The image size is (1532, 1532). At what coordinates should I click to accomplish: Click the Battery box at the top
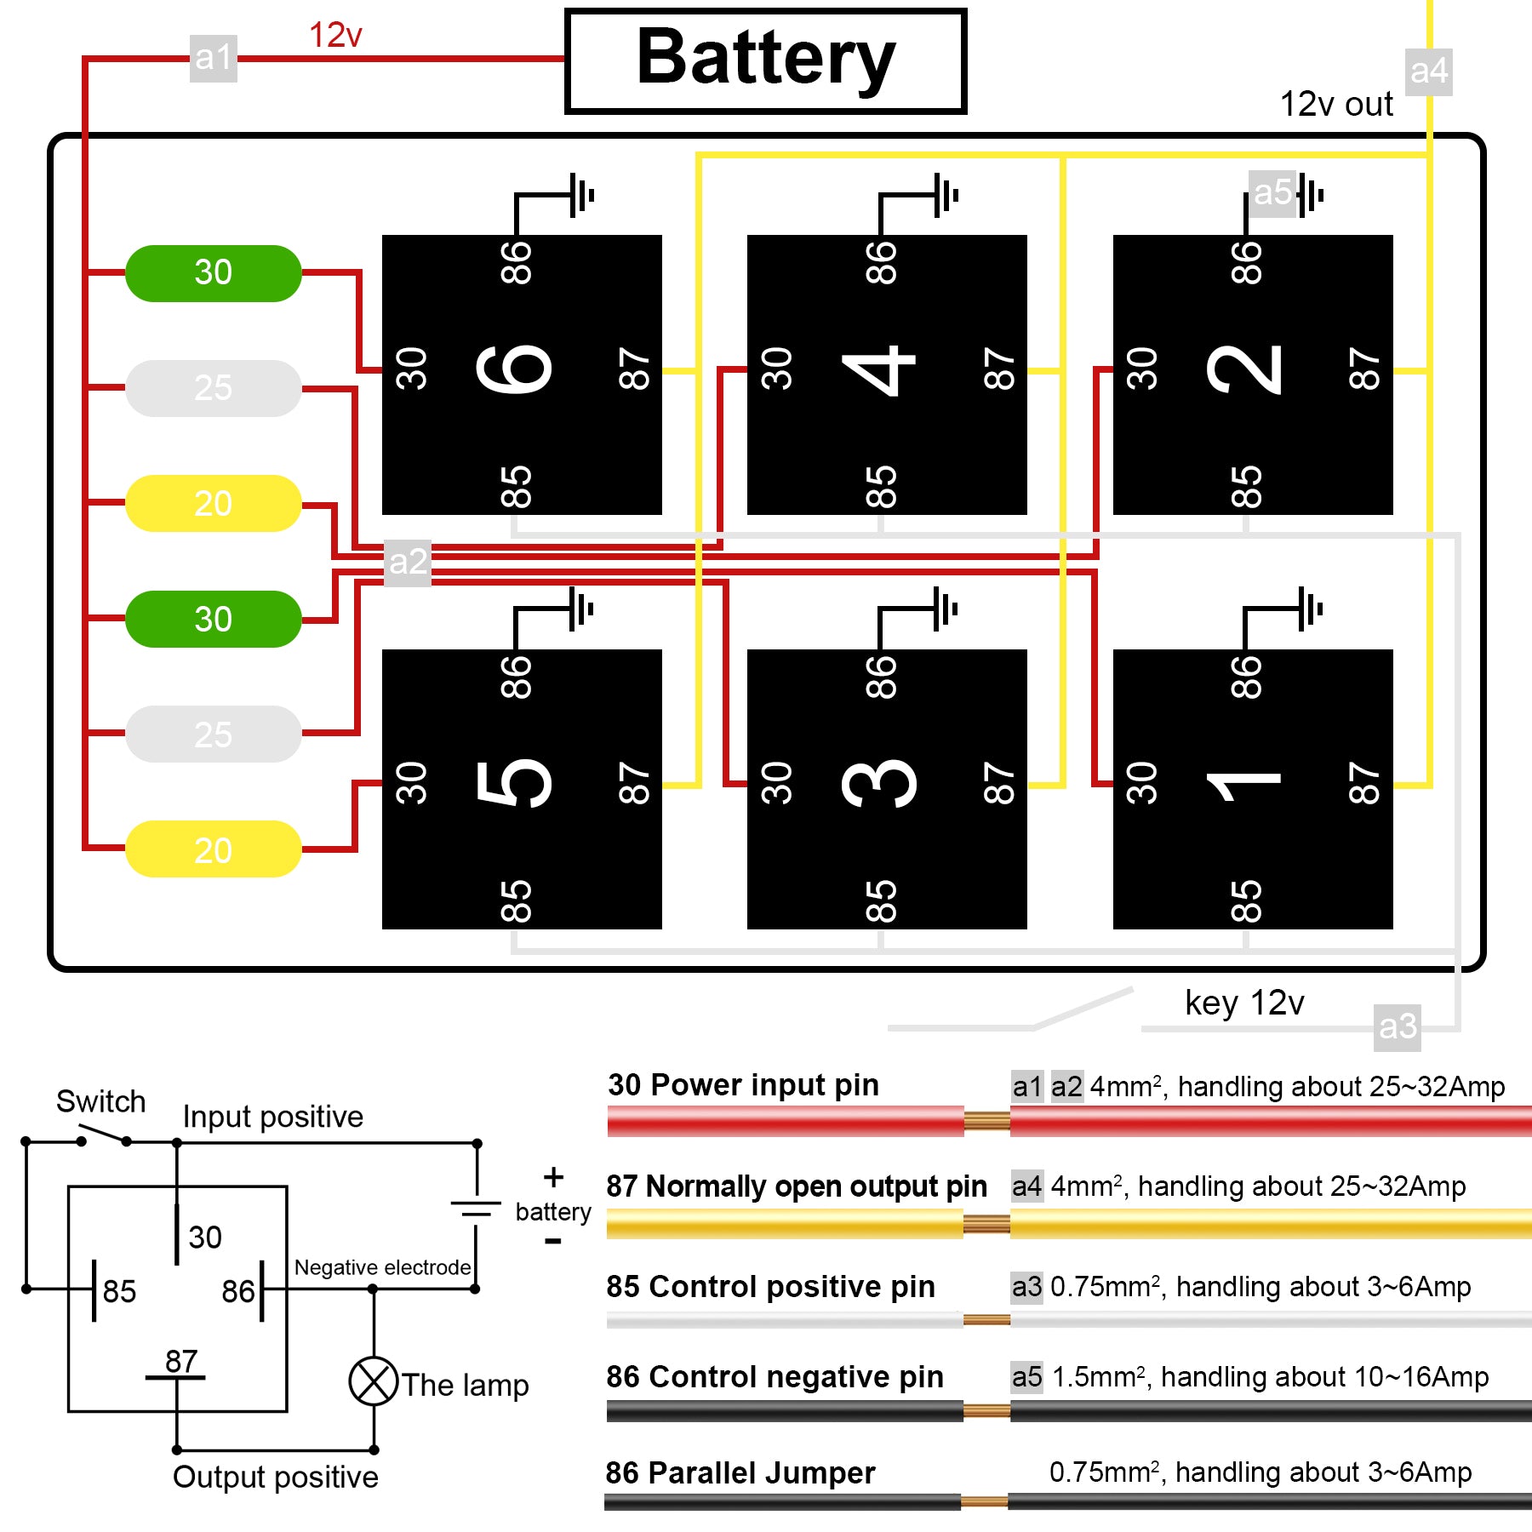pos(766,61)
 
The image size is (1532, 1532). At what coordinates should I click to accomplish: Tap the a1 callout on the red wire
pos(213,58)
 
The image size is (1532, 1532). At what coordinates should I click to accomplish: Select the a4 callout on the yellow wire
pos(1428,71)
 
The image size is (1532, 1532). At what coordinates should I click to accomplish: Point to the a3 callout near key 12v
pos(1398,1027)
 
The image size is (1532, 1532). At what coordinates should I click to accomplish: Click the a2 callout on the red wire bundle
pos(408,563)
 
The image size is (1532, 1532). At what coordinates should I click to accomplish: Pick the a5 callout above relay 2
pos(1272,193)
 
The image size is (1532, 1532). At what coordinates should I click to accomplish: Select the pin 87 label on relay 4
pos(999,369)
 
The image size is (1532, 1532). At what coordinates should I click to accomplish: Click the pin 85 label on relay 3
pos(881,901)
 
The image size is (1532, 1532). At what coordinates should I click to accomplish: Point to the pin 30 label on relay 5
pos(411,783)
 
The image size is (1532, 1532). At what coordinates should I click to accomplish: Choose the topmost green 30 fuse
pos(214,273)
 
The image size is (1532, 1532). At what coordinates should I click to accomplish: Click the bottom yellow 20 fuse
pos(214,849)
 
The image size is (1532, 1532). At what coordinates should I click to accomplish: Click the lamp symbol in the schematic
pos(374,1381)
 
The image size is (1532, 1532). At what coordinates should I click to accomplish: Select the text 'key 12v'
pos(1244,1003)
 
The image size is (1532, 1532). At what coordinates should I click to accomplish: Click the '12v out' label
pos(1336,105)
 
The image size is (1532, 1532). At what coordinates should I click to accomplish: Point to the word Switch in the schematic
pos(100,1101)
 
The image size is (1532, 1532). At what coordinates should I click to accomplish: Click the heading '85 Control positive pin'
pos(770,1286)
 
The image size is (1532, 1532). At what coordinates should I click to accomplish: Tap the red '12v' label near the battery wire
pos(335,36)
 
